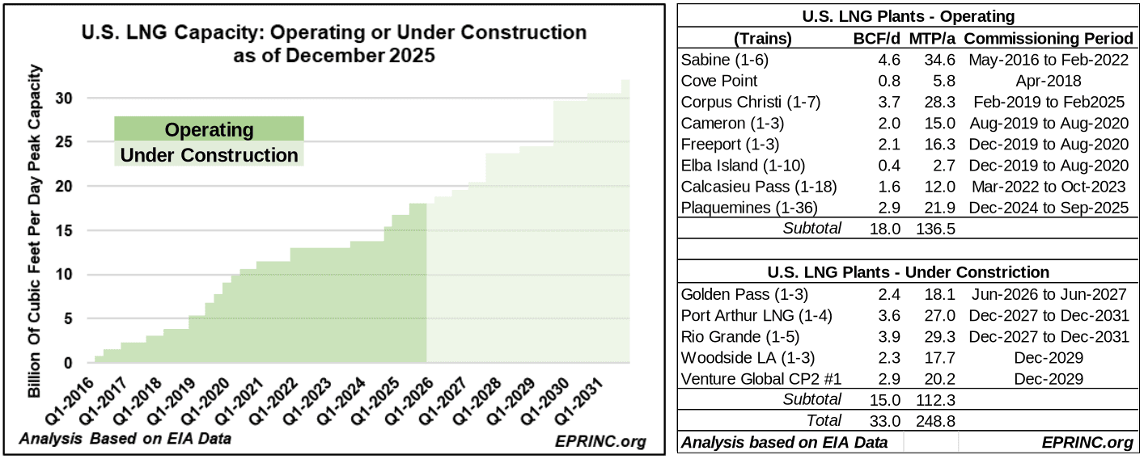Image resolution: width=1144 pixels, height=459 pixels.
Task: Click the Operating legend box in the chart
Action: coord(209,128)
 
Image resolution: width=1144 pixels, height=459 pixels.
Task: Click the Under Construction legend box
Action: coord(209,154)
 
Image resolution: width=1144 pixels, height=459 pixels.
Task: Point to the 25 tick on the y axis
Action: coord(64,141)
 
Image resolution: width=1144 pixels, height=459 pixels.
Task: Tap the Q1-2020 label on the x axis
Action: coord(205,401)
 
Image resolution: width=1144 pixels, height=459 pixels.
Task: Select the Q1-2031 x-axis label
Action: coord(579,401)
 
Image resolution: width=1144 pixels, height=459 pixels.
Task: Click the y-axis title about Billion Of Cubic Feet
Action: coord(34,230)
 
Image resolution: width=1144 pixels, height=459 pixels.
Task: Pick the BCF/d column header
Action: coord(876,39)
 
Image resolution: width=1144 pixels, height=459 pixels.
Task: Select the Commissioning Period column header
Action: coord(1049,39)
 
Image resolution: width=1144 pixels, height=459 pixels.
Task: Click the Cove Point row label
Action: coord(719,81)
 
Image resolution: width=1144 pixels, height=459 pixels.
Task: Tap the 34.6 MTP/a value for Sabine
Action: coord(939,60)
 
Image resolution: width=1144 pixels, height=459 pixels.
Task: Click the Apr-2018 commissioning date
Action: coord(1049,81)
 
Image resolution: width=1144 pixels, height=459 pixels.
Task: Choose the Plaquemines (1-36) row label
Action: coord(749,208)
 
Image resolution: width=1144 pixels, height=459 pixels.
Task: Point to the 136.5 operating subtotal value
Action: coord(935,229)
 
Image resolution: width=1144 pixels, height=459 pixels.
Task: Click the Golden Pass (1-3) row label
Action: coord(744,294)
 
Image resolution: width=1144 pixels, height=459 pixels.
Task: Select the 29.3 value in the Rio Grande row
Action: coord(939,337)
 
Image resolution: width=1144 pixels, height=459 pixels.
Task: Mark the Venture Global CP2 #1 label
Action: coord(761,379)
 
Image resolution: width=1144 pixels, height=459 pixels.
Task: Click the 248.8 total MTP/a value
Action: coord(935,421)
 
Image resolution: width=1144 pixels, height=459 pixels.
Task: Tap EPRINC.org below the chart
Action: coord(600,441)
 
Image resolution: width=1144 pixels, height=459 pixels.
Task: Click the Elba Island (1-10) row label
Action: coord(743,165)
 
